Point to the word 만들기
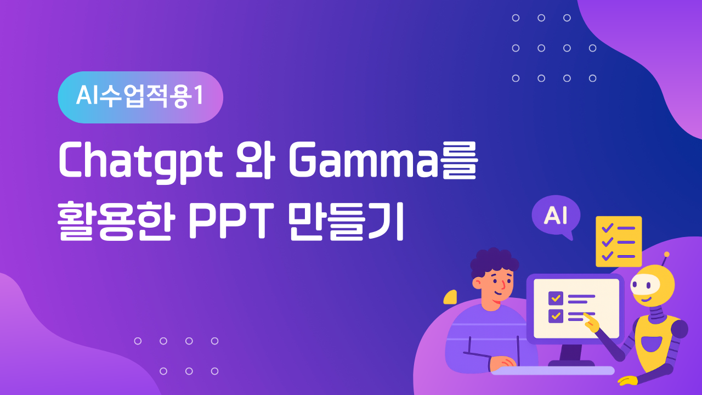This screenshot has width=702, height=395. tap(346, 221)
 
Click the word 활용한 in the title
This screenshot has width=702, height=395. tap(115, 221)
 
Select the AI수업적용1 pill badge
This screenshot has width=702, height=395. tap(140, 97)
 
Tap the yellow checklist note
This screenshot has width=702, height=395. tap(619, 241)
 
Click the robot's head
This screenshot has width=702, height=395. tap(653, 285)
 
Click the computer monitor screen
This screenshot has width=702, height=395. tap(576, 309)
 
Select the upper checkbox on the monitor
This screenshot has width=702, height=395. tap(556, 298)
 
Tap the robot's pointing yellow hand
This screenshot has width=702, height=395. tap(591, 323)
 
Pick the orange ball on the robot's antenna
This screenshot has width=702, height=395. tap(666, 254)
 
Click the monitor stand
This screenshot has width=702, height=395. tap(571, 356)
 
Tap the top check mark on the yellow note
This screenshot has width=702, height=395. tap(607, 228)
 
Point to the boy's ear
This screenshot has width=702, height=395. tap(477, 284)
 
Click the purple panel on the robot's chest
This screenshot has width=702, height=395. tap(652, 344)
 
